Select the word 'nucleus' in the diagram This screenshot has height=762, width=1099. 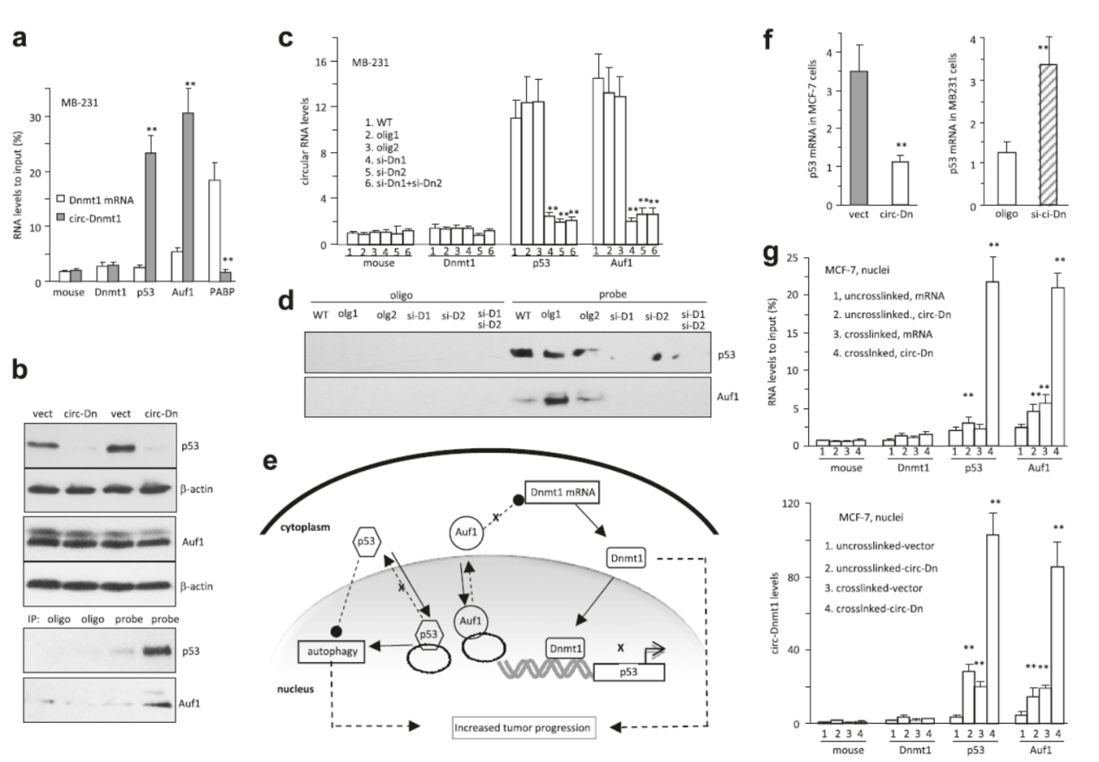(x=288, y=692)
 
